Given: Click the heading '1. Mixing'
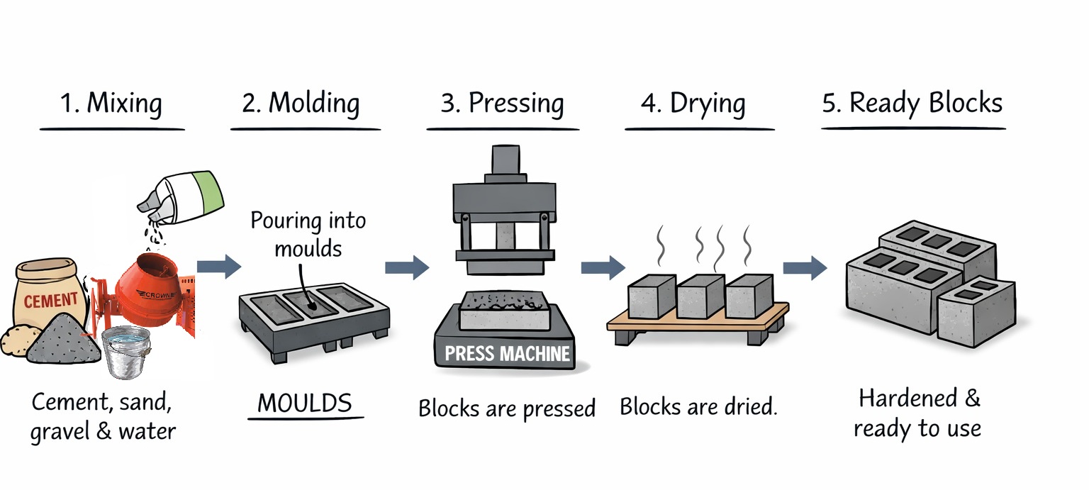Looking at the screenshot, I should coord(111,104).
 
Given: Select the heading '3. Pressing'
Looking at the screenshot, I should coord(502,104).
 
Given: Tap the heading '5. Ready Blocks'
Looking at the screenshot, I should coord(912,104).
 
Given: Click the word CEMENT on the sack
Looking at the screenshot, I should coord(51,301).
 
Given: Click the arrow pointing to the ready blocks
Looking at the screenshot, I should coord(804,267).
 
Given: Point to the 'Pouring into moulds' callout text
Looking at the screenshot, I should coord(308,234).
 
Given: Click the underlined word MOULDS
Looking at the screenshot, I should coord(305,403).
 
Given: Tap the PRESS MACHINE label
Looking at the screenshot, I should coord(508,353).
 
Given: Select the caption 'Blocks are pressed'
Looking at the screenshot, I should coord(506,408).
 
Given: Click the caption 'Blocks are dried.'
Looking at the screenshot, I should coord(698,407).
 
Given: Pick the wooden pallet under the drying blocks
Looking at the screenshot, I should coord(698,323).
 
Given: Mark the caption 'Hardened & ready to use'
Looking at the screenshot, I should coord(918,413).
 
